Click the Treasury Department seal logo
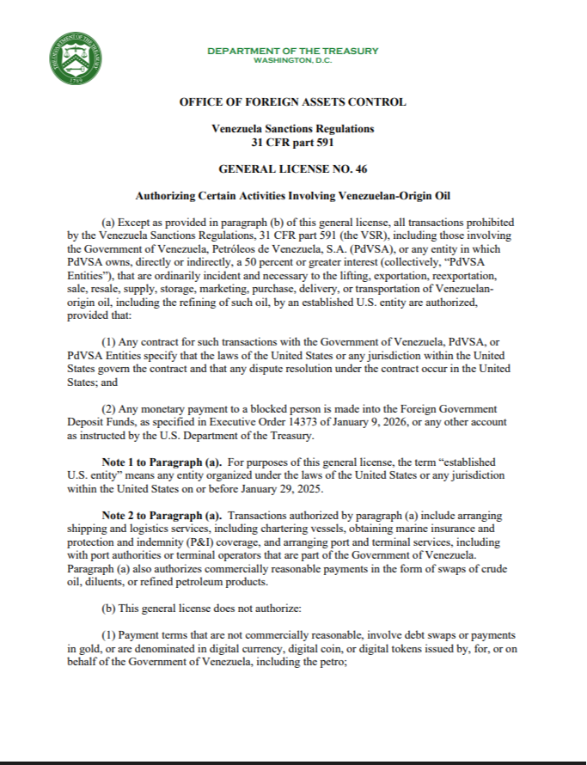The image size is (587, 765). pos(77,59)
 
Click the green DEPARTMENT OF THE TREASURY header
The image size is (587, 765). pos(292,51)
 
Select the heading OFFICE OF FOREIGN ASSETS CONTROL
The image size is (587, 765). pos(292,102)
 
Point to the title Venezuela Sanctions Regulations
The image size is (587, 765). pos(292,128)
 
